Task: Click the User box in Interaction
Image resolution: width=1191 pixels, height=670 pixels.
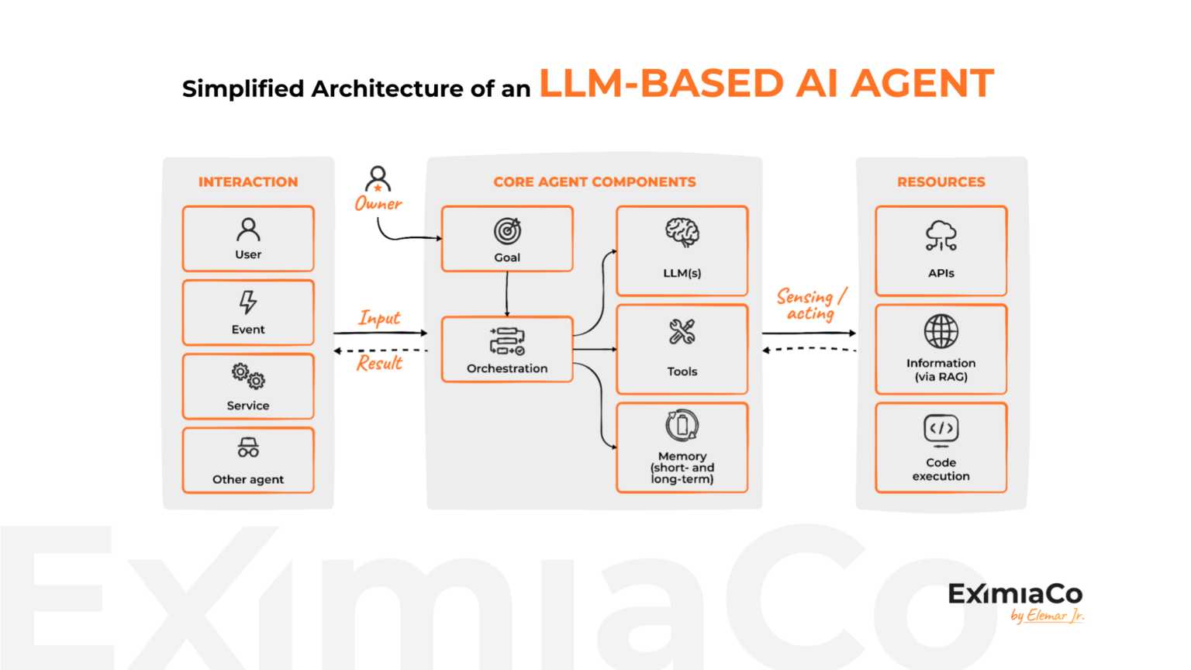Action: [248, 239]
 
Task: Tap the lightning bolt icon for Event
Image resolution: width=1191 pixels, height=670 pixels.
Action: [248, 302]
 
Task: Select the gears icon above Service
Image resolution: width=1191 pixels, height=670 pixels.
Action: [248, 376]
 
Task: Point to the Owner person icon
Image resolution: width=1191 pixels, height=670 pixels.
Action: [378, 179]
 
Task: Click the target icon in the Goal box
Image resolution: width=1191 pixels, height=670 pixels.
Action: [507, 231]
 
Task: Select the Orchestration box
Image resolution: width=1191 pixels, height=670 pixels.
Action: [507, 349]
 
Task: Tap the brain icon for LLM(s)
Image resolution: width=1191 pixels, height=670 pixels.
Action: [682, 232]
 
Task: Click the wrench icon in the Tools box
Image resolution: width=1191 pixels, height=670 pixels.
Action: [682, 332]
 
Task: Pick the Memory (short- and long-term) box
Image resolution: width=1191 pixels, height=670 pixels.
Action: [682, 447]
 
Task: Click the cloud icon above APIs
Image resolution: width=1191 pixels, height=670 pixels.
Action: [941, 235]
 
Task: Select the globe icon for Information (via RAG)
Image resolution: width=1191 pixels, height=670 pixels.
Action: [941, 332]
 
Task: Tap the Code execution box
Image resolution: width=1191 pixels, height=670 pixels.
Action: [941, 447]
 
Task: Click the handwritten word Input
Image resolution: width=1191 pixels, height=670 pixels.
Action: [379, 318]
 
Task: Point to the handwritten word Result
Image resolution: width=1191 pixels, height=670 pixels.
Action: [379, 363]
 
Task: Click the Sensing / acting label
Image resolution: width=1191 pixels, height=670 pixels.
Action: [810, 305]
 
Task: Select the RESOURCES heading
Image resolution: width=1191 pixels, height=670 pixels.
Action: [941, 182]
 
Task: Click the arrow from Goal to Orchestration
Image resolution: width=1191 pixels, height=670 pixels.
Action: [507, 294]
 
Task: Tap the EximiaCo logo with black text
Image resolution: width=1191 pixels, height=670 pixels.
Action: [1015, 595]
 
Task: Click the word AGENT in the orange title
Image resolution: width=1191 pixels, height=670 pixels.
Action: [922, 84]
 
